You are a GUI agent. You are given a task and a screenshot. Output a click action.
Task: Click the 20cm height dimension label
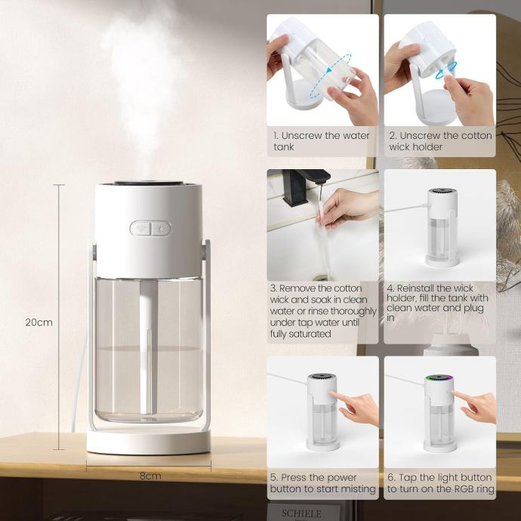tap(39, 322)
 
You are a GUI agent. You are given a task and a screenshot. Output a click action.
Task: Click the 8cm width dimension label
tap(150, 476)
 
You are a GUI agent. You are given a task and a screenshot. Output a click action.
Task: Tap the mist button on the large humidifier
tap(141, 229)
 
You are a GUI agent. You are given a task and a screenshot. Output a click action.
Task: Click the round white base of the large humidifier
tap(149, 441)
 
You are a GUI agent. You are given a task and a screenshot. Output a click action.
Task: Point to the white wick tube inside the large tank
tap(148, 347)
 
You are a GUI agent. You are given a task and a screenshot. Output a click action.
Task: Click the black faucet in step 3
tap(304, 187)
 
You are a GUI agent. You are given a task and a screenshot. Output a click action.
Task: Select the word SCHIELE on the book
tap(301, 513)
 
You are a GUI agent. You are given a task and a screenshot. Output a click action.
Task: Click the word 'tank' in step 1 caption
tap(284, 146)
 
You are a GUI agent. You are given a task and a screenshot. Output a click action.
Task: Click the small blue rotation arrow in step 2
tap(446, 71)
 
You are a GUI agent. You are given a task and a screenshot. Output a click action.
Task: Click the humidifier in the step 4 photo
tap(442, 227)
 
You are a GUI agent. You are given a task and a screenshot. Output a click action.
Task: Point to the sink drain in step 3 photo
tap(320, 277)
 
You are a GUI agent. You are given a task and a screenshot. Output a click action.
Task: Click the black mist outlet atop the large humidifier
tap(149, 183)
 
